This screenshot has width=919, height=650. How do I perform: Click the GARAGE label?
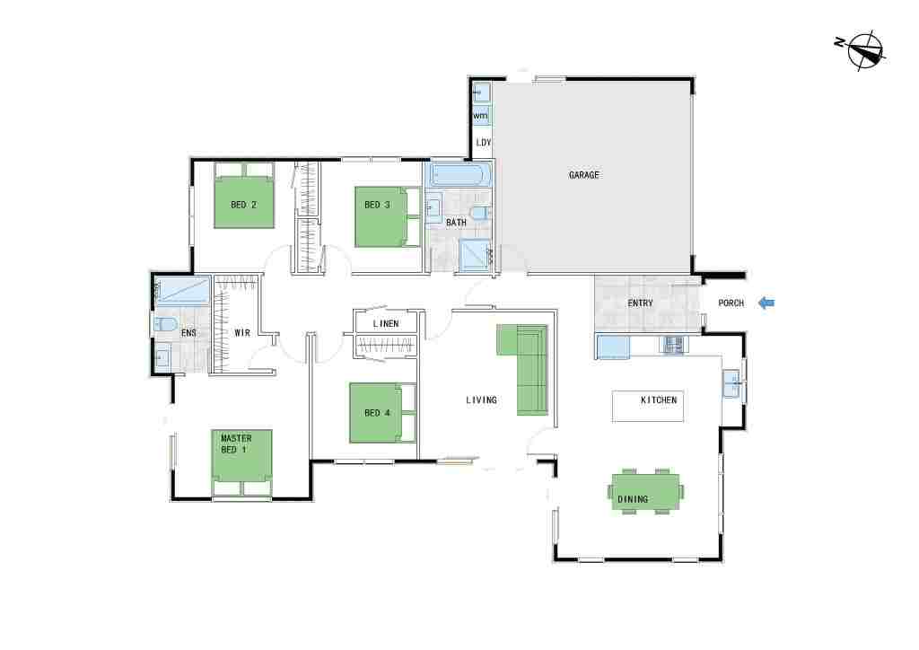pos(583,175)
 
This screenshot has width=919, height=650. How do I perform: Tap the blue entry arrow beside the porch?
pos(766,303)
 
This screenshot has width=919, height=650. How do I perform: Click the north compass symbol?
pos(862,49)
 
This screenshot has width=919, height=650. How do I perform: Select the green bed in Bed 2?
pos(244,195)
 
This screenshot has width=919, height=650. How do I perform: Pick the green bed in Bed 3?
pos(388,217)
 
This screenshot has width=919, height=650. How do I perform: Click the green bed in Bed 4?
pos(382,413)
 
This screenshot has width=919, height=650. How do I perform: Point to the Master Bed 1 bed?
pos(241,462)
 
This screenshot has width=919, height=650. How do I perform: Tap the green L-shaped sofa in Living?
pos(524,369)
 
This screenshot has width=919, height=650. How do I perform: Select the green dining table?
pos(646,492)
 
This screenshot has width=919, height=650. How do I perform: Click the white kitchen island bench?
pos(648,406)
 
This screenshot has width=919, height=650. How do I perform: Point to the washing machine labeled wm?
pos(481,116)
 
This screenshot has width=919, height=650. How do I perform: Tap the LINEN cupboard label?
pos(386,323)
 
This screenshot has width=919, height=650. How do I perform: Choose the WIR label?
pos(242,332)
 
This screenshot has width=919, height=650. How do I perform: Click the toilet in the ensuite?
pos(165,324)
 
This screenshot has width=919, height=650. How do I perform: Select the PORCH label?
pos(731,303)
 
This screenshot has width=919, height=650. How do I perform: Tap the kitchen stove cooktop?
pos(673,344)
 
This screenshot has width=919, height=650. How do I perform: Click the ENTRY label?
pos(640,303)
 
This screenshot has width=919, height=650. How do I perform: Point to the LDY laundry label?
pos(484,143)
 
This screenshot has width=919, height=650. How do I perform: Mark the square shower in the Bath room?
pos(475,255)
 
